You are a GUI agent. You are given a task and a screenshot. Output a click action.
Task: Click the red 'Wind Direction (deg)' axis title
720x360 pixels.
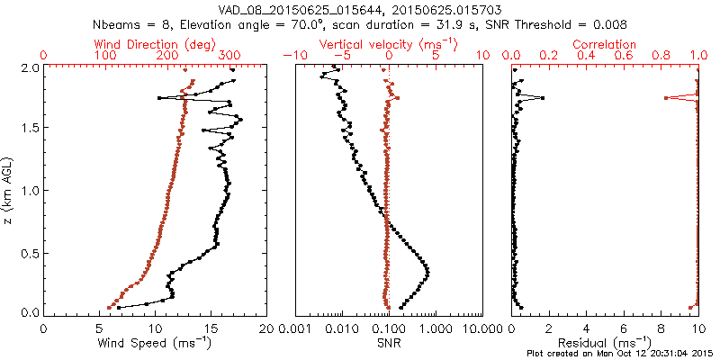(x=154, y=44)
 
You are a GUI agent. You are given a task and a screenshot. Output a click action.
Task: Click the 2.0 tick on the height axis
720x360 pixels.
(x=31, y=67)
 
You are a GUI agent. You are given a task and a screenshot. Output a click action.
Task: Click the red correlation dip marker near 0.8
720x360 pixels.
(x=666, y=98)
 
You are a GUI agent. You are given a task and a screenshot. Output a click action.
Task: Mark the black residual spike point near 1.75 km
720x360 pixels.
(x=542, y=98)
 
